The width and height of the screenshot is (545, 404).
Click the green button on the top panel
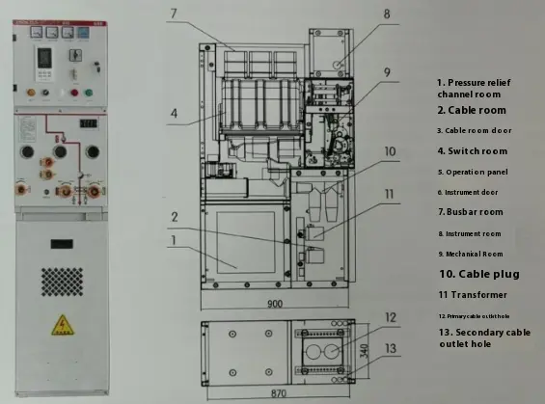tap(88, 94)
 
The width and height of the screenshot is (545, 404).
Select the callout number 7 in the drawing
tap(174, 13)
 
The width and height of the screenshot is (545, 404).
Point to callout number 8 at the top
tap(387, 13)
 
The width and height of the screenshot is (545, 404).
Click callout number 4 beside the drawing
tap(174, 113)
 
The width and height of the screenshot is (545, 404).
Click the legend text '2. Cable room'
tap(471, 110)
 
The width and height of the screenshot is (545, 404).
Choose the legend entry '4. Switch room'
tap(472, 151)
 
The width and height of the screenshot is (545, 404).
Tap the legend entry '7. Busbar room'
tap(470, 211)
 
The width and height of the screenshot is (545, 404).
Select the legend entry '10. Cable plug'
tap(478, 274)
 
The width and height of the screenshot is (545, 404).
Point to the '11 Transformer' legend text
tap(472, 295)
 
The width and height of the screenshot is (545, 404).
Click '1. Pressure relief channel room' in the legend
tap(475, 89)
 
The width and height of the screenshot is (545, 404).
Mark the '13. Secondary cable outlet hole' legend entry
tap(483, 337)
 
